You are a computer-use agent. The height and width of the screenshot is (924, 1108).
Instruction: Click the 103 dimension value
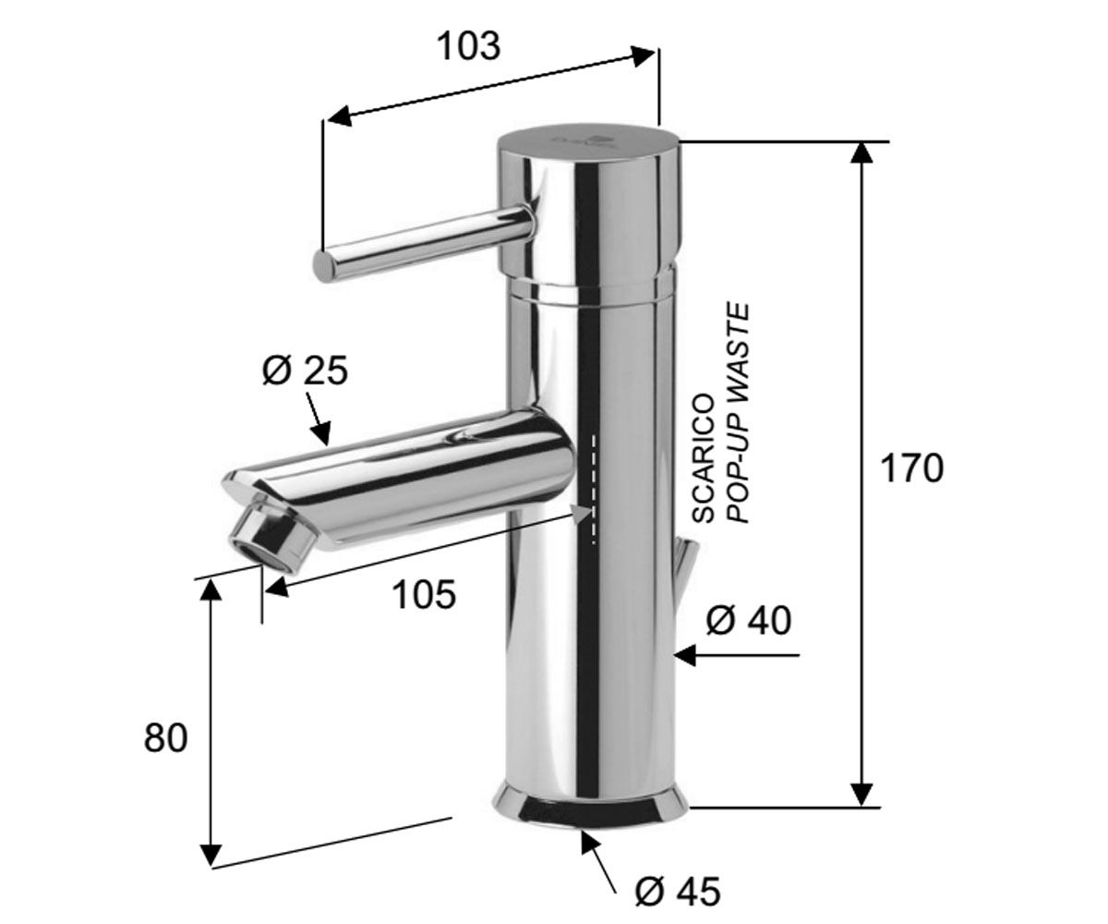click(x=469, y=46)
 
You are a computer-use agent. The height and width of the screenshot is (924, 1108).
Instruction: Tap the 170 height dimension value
click(x=911, y=468)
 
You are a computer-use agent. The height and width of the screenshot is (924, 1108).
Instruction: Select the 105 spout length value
click(x=424, y=594)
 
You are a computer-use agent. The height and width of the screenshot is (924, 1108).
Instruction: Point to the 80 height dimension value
click(x=165, y=737)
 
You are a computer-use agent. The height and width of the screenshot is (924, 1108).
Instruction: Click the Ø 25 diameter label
click(x=305, y=371)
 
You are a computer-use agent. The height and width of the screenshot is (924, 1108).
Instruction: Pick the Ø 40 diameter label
click(x=748, y=620)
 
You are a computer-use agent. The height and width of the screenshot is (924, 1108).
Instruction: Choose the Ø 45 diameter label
click(x=678, y=891)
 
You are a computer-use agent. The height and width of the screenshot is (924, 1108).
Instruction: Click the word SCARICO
click(x=704, y=459)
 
